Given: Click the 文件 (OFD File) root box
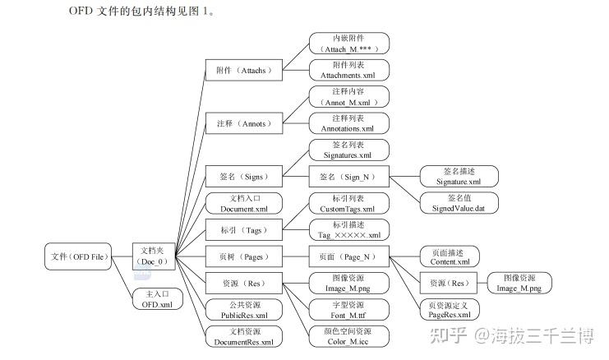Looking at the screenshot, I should point(76,257).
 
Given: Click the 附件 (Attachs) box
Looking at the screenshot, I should point(243,71).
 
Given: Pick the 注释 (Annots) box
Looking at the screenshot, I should point(243,123).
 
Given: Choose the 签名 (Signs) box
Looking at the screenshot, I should point(243,175).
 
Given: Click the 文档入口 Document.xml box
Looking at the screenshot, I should point(243,203).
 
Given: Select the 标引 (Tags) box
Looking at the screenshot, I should point(243,230).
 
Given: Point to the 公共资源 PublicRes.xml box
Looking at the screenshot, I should point(243,310).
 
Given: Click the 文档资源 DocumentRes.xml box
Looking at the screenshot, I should point(243,336).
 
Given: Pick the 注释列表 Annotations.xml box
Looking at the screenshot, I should point(349,123).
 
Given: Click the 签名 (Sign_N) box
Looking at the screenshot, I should point(349,175).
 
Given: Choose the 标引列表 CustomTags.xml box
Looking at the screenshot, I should point(349,203).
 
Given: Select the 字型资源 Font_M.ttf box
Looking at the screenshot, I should point(349,310).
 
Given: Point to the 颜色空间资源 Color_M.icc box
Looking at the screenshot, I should point(349,336).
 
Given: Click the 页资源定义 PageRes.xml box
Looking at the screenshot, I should point(450,310).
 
